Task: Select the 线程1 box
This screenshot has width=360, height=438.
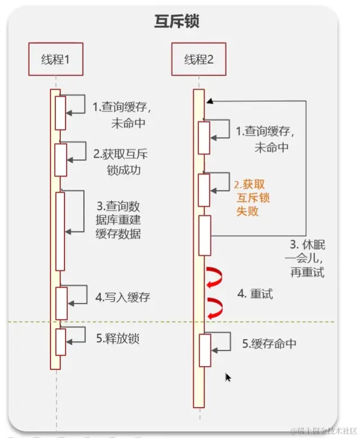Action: pos(55,59)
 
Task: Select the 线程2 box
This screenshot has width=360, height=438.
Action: pos(198,59)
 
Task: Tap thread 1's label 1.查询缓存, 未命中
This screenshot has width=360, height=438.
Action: pos(122,115)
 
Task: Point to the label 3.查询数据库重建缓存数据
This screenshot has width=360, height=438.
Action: pos(118,219)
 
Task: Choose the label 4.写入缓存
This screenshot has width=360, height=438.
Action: pos(123,297)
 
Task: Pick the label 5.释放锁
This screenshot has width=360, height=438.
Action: pos(118,339)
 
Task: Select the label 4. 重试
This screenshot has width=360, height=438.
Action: pos(255,294)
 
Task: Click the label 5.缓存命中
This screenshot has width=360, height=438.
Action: pos(269,344)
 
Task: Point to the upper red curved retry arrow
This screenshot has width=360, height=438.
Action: pos(215,275)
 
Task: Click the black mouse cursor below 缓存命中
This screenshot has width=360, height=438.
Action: pos(228,378)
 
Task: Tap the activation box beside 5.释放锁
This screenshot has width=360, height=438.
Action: pos(61,341)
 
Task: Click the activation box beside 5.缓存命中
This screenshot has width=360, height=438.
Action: pos(205,349)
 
